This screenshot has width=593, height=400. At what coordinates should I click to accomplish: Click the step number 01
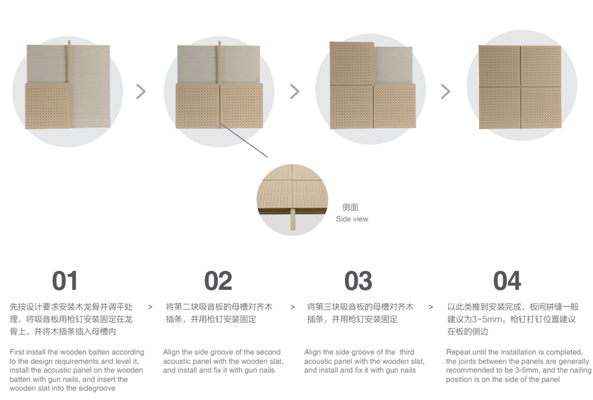[x=65, y=281]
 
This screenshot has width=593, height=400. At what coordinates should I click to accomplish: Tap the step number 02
[x=218, y=281]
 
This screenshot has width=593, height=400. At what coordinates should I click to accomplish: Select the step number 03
[x=358, y=281]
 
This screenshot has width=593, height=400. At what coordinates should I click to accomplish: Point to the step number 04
[x=507, y=281]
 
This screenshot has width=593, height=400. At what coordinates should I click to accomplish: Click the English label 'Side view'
[x=352, y=219]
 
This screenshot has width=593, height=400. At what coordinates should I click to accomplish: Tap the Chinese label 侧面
[x=350, y=207]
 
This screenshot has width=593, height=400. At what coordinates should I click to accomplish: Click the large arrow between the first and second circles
[x=140, y=92]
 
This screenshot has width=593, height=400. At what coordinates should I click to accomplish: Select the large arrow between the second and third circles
[x=295, y=92]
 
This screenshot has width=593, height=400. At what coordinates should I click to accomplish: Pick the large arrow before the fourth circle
[x=446, y=92]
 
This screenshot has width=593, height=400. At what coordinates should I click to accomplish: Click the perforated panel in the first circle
[x=48, y=106]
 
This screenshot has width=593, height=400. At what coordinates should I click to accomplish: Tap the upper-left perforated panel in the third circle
[x=352, y=63]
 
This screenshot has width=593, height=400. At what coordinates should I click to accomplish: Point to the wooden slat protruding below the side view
[x=293, y=218]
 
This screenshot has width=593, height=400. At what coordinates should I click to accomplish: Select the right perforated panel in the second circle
[x=241, y=106]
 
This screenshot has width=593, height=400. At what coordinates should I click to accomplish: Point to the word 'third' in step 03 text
[x=407, y=352]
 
